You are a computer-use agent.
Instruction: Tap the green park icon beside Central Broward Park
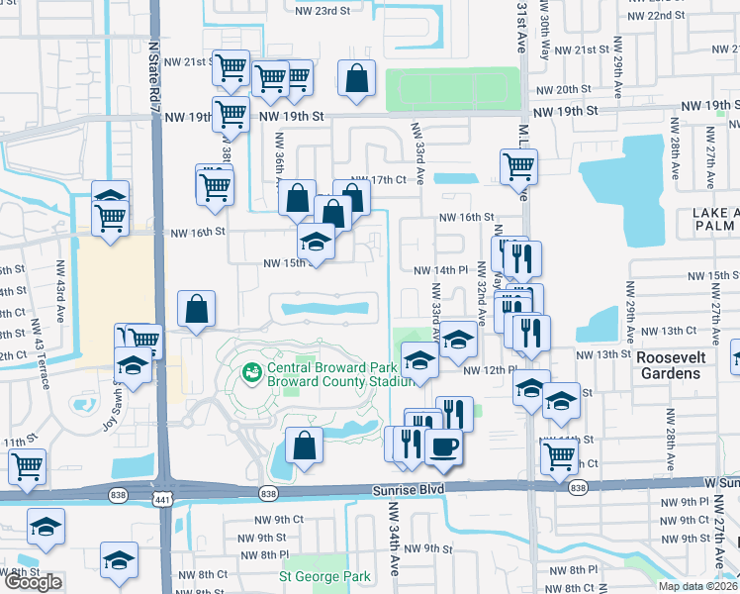tap(251, 373)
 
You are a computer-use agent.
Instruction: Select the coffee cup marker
tap(443, 446)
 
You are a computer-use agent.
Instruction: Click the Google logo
tap(32, 582)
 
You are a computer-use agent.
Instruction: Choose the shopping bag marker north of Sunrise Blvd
tap(304, 446)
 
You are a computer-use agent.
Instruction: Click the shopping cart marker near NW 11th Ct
tap(559, 456)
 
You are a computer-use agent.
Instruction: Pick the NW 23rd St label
tap(323, 10)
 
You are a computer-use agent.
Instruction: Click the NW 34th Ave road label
tap(394, 539)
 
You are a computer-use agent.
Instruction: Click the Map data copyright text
tap(696, 586)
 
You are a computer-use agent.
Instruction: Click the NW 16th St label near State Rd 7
tap(198, 233)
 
